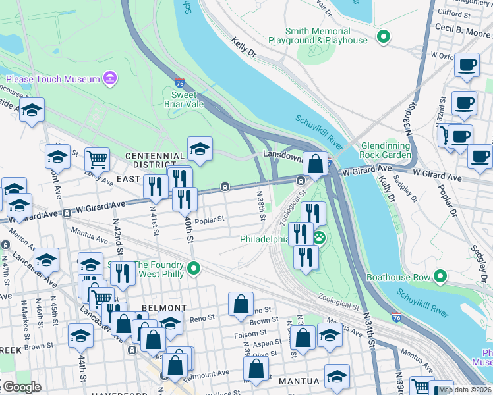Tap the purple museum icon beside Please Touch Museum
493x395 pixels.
(x=110, y=79)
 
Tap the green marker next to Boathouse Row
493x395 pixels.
(x=439, y=277)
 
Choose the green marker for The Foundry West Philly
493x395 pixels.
(x=194, y=268)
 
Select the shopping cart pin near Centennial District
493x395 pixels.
(x=97, y=158)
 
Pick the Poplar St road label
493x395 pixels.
(x=210, y=219)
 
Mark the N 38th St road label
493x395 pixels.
(x=261, y=204)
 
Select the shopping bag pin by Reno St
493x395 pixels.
(x=241, y=303)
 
